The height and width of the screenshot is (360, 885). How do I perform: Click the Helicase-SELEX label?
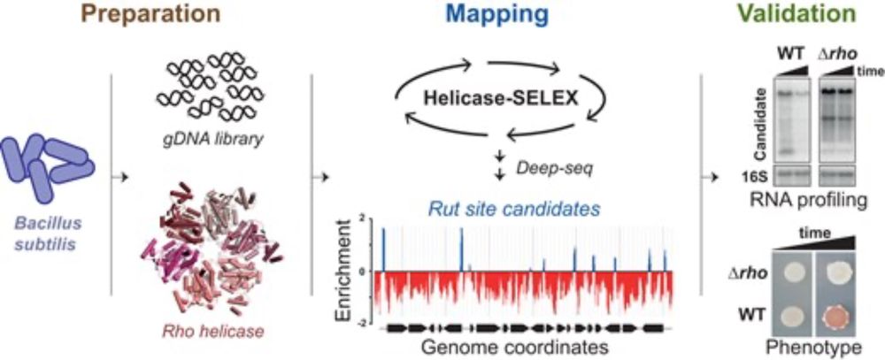(x=501, y=99)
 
